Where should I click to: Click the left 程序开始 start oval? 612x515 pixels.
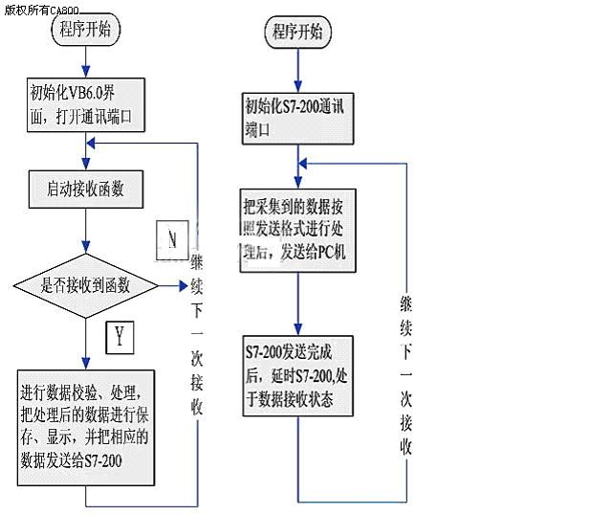pos(85,29)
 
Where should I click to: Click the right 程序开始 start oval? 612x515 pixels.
pos(297,33)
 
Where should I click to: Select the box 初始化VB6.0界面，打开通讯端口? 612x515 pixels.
pos(86,106)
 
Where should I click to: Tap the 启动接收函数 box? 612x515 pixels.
pos(86,189)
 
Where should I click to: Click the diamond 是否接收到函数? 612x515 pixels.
pos(86,284)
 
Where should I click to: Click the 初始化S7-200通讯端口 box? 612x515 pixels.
pos(298,117)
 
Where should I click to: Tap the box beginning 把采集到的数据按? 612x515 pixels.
pos(298,229)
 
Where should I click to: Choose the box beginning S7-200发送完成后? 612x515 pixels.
pos(298,374)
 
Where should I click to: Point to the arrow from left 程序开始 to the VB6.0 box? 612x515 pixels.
pos(86,59)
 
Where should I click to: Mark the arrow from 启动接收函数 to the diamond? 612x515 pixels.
pos(86,234)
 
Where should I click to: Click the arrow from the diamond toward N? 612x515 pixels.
pos(173,284)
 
